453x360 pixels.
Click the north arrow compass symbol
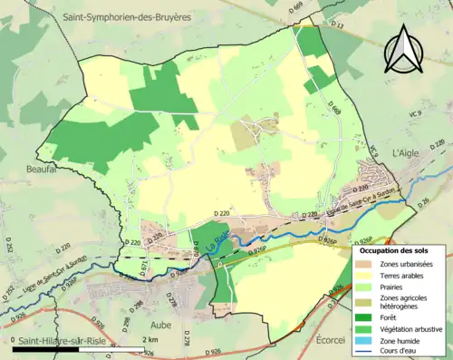point(402,47)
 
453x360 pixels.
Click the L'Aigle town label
point(409,153)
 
